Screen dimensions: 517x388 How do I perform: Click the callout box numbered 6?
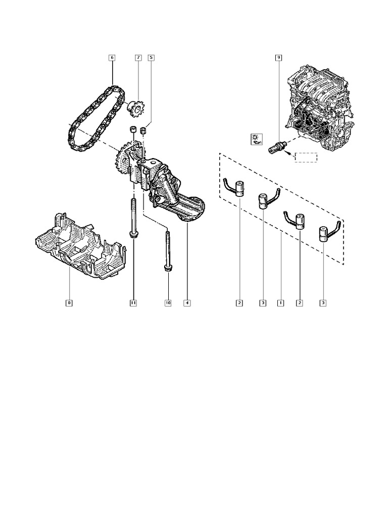tap(112, 58)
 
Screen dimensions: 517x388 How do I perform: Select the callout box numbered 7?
tap(138, 58)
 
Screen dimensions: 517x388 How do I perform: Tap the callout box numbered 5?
tap(151, 58)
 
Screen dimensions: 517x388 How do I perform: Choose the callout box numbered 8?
tap(69, 303)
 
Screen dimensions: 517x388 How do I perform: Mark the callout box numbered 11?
tap(133, 303)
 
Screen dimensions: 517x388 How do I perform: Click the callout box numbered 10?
tap(168, 303)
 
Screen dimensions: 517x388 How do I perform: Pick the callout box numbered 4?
tap(187, 303)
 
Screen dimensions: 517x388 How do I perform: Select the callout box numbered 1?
tap(280, 303)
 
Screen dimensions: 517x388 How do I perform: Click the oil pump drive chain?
tap(93, 120)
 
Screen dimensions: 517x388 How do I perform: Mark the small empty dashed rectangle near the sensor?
tap(306, 157)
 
